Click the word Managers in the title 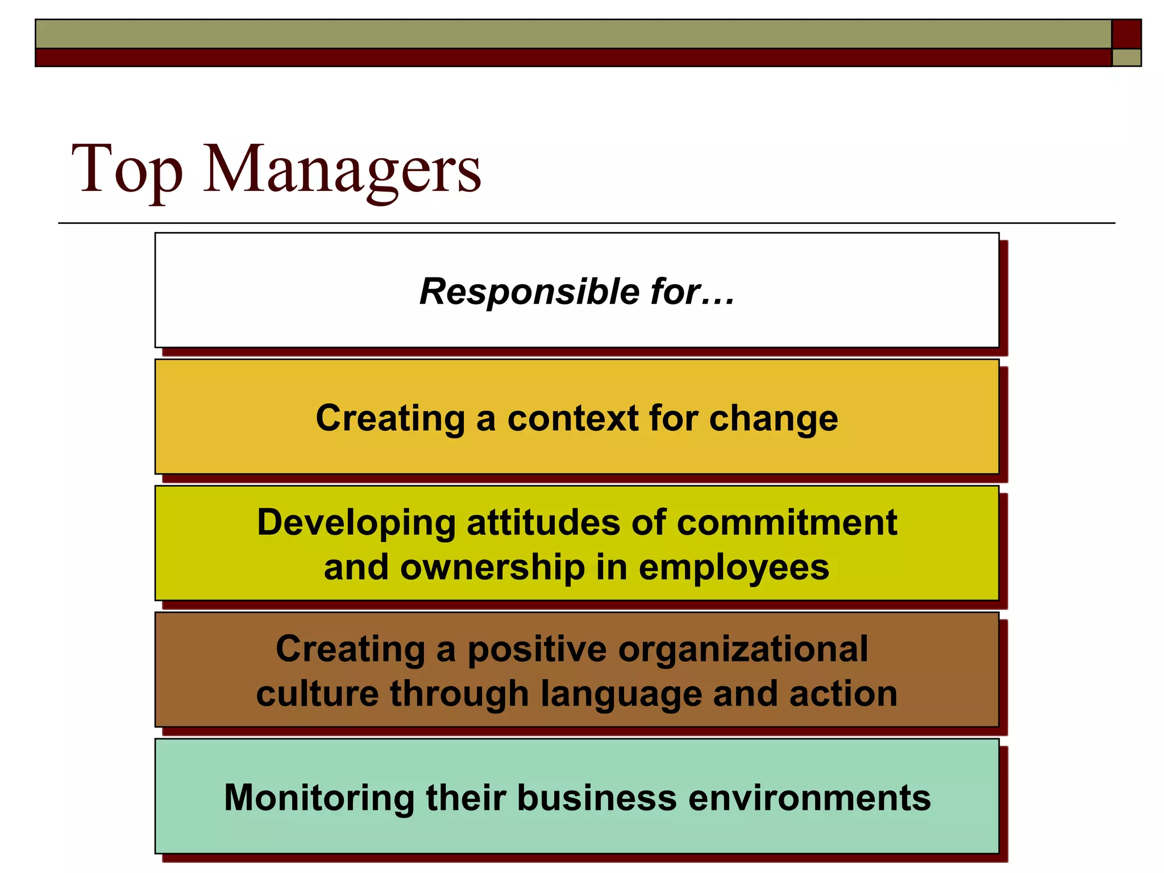(342, 169)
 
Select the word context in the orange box (572, 418)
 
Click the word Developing (356, 523)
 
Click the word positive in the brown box (537, 649)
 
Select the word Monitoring (319, 798)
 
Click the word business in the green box (597, 798)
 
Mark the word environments (809, 798)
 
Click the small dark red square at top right (1126, 34)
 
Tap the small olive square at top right (1126, 57)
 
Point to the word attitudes (543, 523)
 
